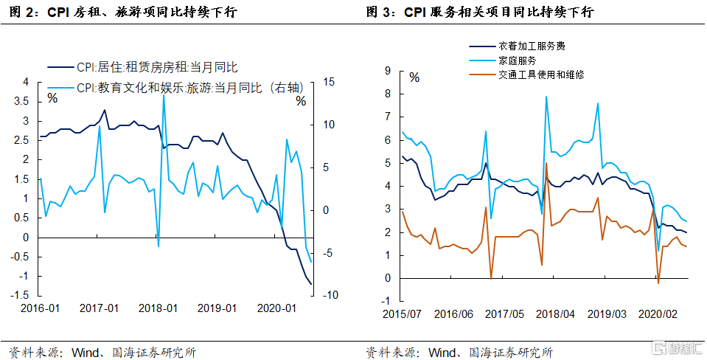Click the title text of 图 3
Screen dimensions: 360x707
(480, 13)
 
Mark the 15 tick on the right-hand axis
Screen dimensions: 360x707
(327, 82)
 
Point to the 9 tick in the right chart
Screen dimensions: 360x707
(386, 71)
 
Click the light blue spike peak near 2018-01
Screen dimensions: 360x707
(163, 94)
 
